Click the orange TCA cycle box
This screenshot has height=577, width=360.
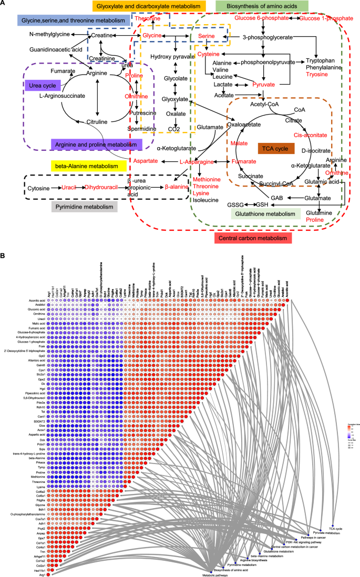274,149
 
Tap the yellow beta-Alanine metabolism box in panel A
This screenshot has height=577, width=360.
87,166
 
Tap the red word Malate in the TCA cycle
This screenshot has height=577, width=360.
239,142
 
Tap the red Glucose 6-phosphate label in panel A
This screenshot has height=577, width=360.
261,18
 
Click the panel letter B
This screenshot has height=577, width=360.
3,256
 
